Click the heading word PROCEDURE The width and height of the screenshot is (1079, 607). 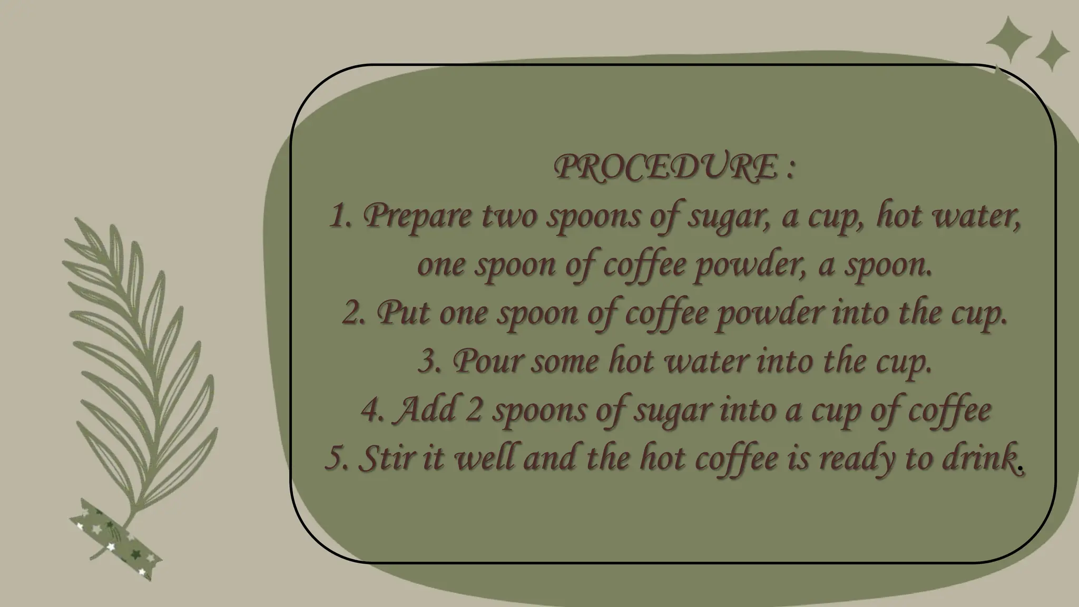pyautogui.click(x=665, y=168)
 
